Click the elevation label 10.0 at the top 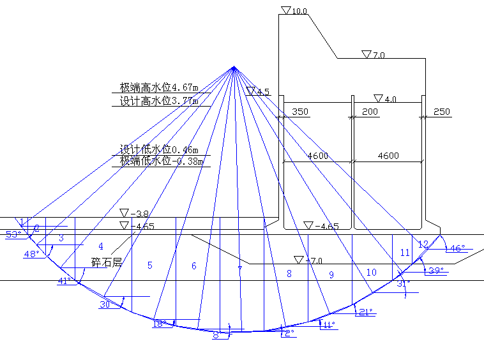[299, 11]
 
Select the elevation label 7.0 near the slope [378, 55]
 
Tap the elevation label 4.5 [263, 92]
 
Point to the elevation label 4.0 [389, 99]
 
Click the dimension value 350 [299, 112]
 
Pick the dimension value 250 [441, 112]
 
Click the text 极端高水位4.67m [159, 87]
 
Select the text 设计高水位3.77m [159, 101]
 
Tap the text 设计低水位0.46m [159, 149]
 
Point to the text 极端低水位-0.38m [162, 161]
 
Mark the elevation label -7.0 [314, 260]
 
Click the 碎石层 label [106, 262]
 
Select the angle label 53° [13, 234]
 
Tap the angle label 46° [457, 248]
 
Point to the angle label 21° [365, 312]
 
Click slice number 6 [194, 266]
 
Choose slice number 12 [423, 244]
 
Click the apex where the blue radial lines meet [234, 68]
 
